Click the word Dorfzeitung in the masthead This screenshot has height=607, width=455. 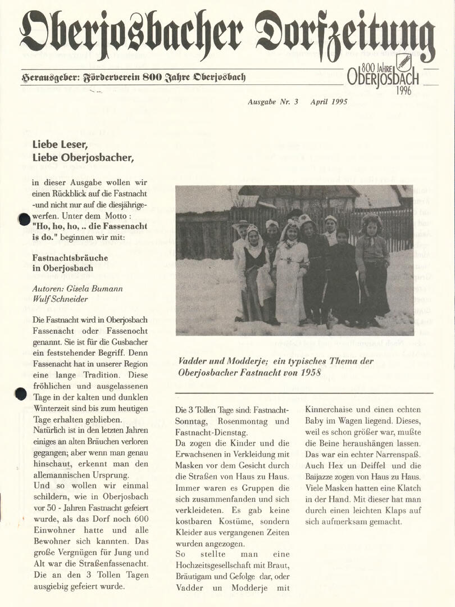coord(344,35)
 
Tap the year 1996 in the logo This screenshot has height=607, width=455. coord(403,90)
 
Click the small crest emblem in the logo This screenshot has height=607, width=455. coord(403,61)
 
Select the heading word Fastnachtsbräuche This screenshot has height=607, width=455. coord(70,257)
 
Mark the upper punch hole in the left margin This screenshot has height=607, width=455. coord(24,219)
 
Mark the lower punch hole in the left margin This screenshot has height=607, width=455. coord(21,394)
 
